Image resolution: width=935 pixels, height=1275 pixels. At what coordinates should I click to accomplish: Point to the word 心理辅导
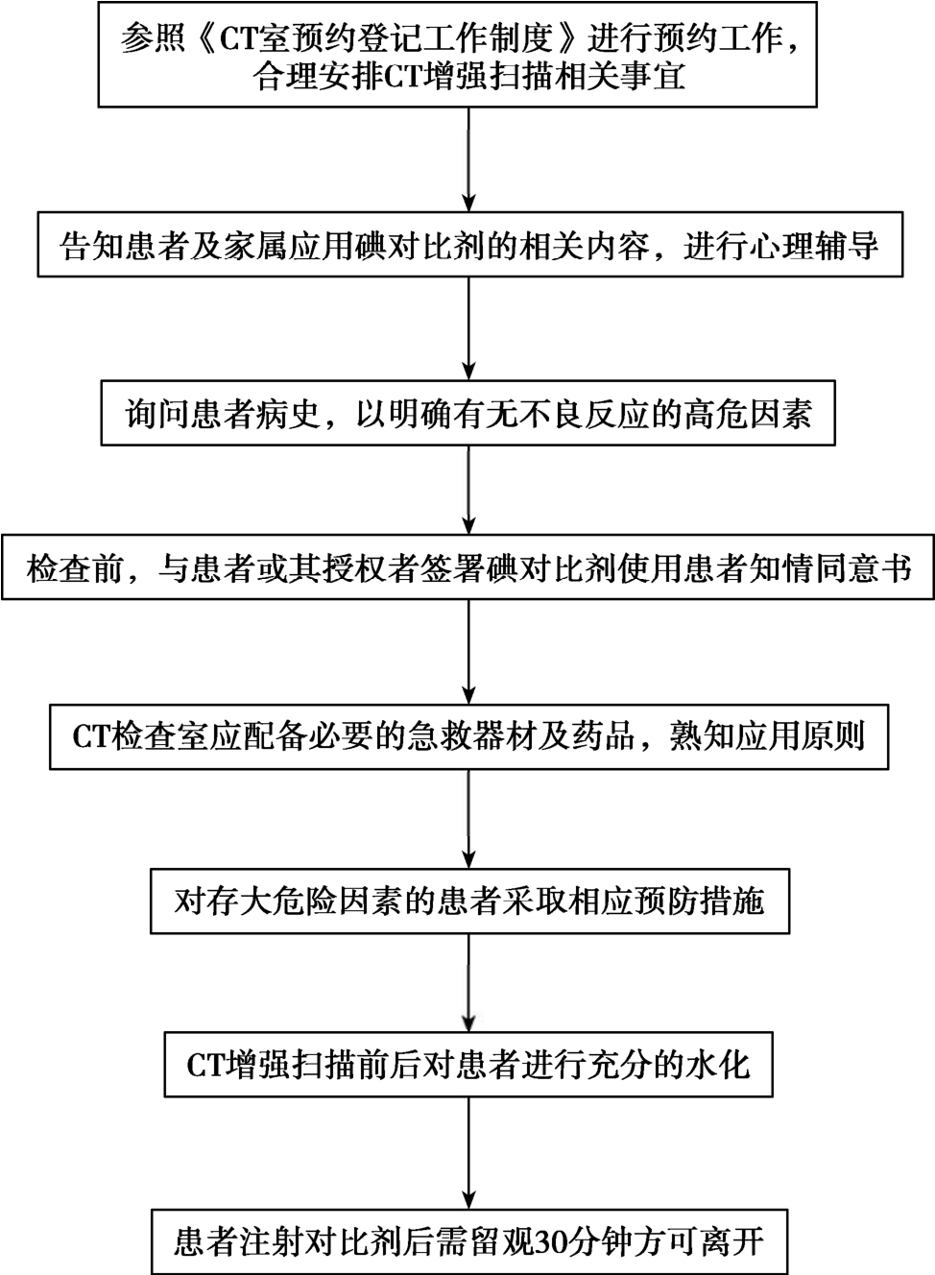[814, 246]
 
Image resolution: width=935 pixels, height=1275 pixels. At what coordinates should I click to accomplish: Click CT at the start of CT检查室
[91, 737]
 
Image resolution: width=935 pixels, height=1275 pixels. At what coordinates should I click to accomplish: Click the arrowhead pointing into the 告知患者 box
[468, 204]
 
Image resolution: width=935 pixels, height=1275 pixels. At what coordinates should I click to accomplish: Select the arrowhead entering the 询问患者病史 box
[468, 372]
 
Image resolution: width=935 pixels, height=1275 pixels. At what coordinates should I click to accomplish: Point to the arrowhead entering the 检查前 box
[468, 524]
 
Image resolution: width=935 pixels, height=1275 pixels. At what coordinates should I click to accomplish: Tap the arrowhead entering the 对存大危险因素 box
[468, 858]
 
